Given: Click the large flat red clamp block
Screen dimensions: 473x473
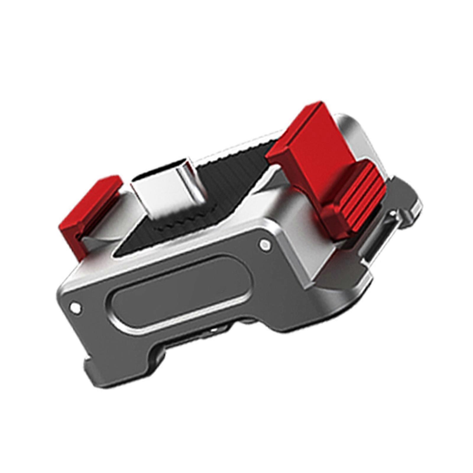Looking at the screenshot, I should [313, 139].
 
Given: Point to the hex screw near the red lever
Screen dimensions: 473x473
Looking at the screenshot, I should [265, 244].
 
